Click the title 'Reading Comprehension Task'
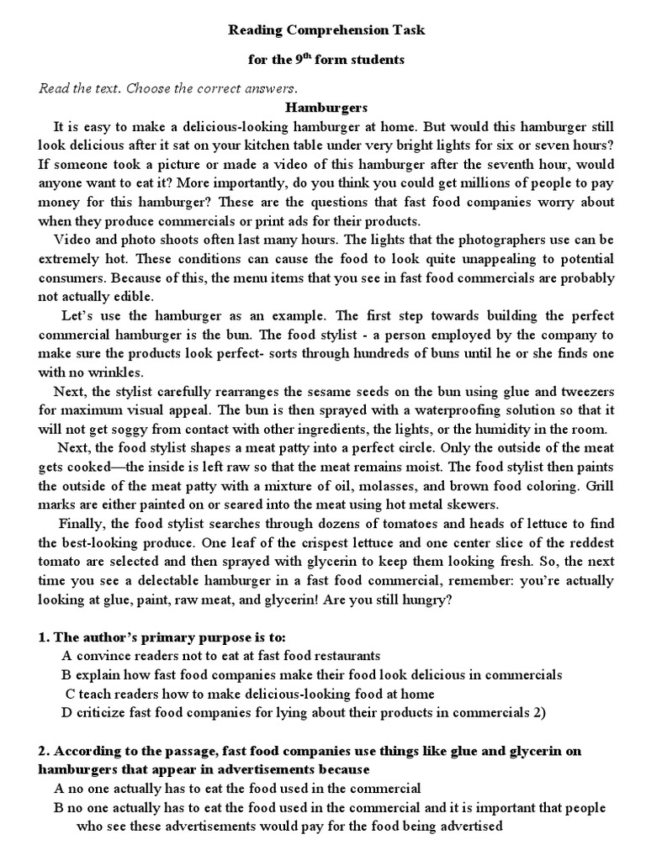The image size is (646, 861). point(327,30)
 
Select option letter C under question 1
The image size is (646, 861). point(71,695)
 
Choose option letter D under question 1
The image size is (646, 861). point(66,713)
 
